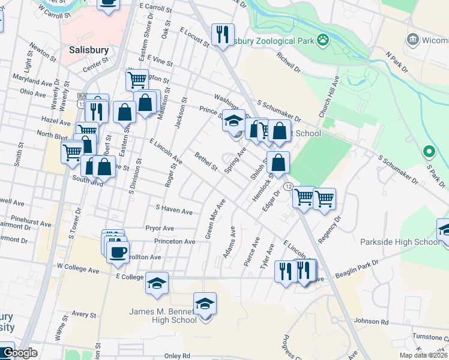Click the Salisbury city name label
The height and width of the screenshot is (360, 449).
[89, 50]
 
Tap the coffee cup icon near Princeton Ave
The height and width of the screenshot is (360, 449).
[118, 251]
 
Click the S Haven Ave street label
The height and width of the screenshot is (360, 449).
[174, 211]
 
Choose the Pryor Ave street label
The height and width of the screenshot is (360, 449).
[160, 228]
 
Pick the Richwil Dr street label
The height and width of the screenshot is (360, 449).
[289, 61]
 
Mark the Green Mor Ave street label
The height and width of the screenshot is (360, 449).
[215, 219]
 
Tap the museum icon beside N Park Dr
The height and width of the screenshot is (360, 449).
[413, 40]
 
